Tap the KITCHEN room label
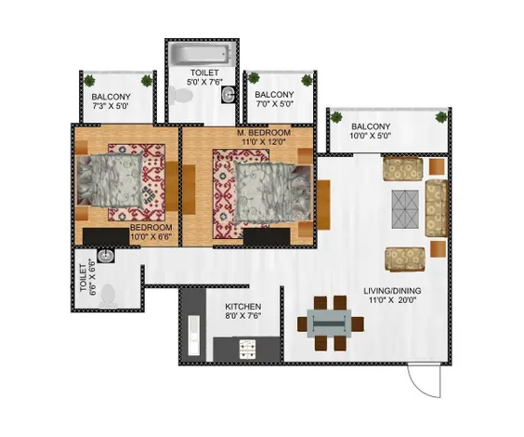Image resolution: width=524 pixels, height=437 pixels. click(x=242, y=307)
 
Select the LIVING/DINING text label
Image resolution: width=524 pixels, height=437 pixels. click(x=392, y=291)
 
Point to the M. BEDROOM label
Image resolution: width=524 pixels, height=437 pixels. click(x=264, y=132)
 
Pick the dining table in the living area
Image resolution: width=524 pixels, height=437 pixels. click(x=330, y=324)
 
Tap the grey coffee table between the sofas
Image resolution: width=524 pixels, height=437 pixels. click(x=405, y=209)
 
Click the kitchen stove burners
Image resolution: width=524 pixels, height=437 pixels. click(x=248, y=349)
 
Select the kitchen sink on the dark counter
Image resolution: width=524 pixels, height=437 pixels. click(x=194, y=336)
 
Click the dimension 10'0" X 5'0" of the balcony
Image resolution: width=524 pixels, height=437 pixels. click(x=371, y=136)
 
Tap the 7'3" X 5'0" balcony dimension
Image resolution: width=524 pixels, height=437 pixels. click(x=111, y=106)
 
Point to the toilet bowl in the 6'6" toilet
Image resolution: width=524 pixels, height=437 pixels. click(x=108, y=296)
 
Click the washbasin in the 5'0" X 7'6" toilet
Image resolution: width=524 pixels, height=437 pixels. click(x=229, y=95)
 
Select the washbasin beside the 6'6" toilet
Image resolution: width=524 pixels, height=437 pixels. click(x=106, y=256)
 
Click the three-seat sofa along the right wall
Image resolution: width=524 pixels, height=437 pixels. click(x=437, y=208)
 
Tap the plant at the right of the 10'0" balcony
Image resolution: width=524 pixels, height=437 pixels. click(x=441, y=117)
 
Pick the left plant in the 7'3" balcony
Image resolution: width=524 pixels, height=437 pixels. click(x=89, y=81)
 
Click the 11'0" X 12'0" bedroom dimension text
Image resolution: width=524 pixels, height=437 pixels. click(x=264, y=141)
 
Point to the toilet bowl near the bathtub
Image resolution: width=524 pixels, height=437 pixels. click(x=181, y=96)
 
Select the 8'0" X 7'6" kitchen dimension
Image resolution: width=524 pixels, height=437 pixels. click(x=242, y=315)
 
